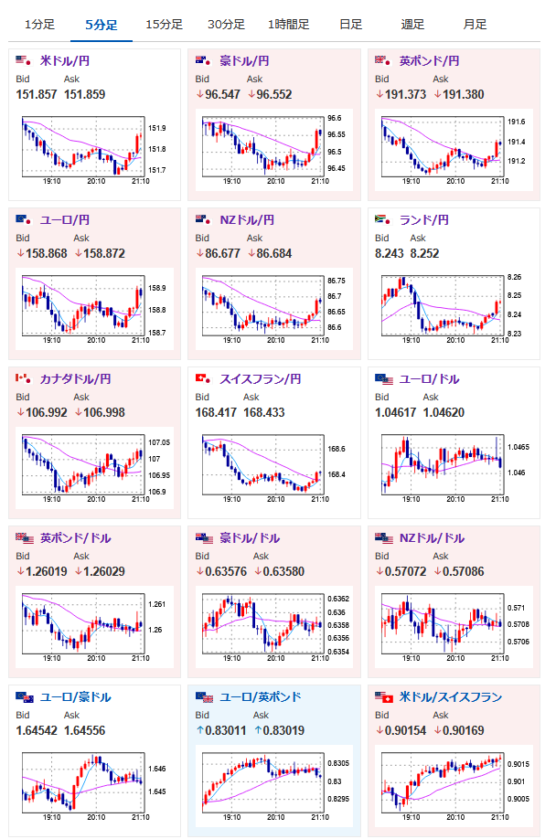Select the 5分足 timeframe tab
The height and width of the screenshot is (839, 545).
[x=102, y=25]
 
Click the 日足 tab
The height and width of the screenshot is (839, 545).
[x=350, y=25]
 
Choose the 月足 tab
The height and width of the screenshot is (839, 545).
[x=475, y=25]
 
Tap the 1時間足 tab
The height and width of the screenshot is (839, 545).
[x=289, y=25]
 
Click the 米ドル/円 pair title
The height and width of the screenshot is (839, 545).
[x=65, y=61]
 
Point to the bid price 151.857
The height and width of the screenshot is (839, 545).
[x=37, y=95]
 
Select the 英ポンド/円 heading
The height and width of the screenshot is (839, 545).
[x=430, y=61]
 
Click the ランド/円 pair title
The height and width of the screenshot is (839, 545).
[x=424, y=220]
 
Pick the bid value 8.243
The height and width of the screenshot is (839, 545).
[x=390, y=254]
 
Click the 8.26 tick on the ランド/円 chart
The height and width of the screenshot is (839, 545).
[x=515, y=277]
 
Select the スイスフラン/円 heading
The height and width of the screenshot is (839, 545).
[x=261, y=379]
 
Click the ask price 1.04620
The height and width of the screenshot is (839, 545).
[x=443, y=412]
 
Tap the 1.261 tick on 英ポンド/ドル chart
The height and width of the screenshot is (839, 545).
[x=157, y=604]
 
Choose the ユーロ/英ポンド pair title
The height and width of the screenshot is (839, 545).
[x=261, y=697]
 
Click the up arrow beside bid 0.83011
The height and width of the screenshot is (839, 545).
[x=200, y=730]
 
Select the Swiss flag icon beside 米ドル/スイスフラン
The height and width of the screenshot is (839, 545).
[x=388, y=698]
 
